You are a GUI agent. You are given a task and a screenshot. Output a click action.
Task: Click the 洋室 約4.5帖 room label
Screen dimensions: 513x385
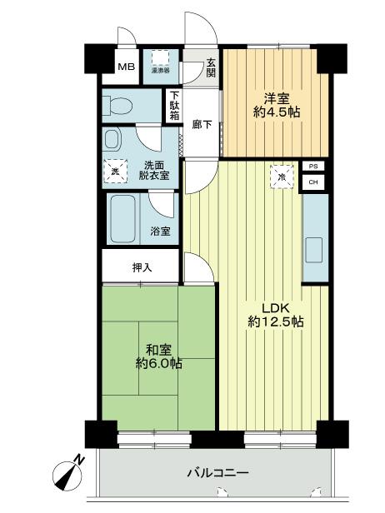tap(273, 105)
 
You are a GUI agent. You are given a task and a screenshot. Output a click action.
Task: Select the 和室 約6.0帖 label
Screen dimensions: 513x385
tap(161, 356)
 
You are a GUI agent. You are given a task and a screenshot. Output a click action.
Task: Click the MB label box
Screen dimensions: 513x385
tap(126, 67)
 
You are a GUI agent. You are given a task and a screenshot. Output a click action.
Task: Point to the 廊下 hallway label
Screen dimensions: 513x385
tap(202, 124)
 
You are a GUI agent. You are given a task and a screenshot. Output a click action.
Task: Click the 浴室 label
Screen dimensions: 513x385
tap(161, 232)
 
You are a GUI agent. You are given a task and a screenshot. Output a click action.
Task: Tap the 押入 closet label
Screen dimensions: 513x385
tap(142, 267)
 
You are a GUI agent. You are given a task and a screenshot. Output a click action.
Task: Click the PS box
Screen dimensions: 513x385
tap(313, 167)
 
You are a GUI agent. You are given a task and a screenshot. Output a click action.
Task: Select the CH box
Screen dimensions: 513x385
tap(313, 182)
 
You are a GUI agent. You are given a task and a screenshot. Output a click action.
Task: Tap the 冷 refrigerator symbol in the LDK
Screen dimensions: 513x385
tap(282, 177)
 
